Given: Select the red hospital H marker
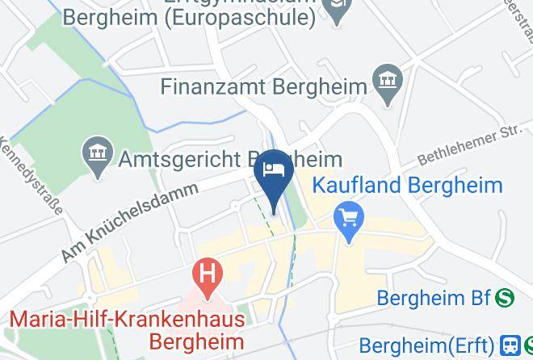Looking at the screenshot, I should coord(208,272).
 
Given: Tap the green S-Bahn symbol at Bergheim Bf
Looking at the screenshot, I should coord(506,298).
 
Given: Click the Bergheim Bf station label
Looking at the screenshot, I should coord(433,299).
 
